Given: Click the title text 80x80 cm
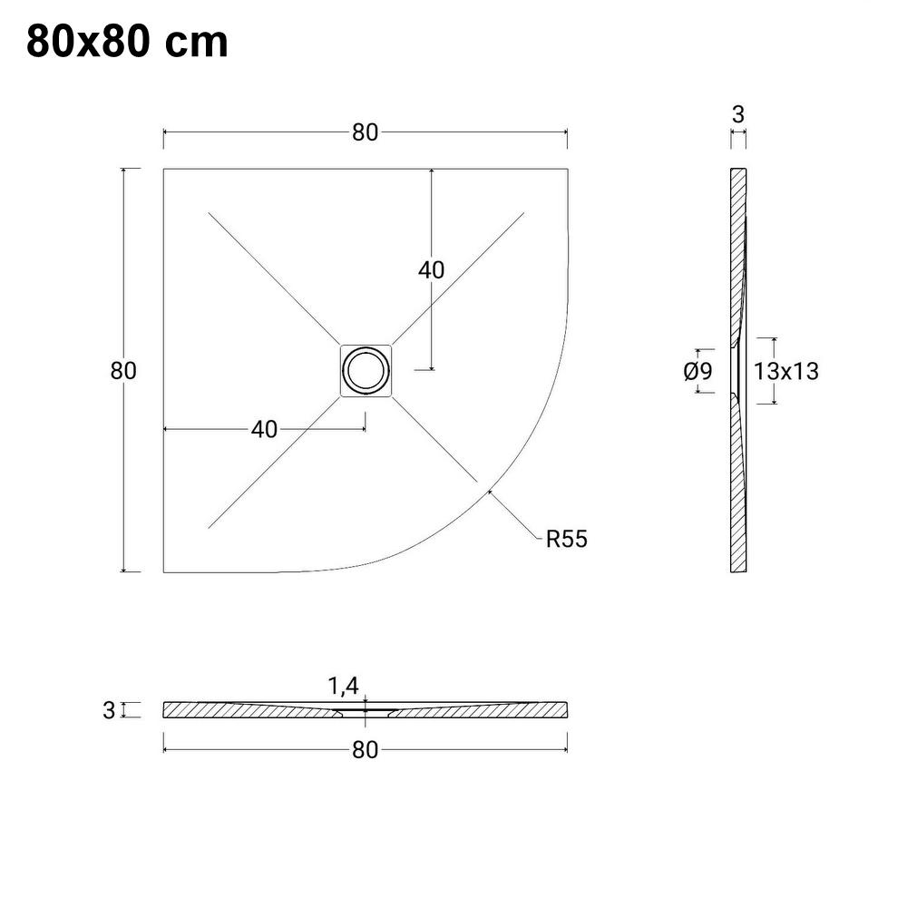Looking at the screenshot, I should [x=127, y=42].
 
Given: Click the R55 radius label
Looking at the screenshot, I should [x=566, y=539].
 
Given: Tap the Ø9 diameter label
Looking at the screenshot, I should [x=697, y=371].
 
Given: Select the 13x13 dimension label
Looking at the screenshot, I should [x=785, y=371].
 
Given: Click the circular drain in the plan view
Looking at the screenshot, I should [x=366, y=370].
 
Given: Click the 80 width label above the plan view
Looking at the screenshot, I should [x=365, y=132].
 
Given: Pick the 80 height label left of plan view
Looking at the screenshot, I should [x=123, y=371].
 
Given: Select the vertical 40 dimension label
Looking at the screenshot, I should [x=431, y=270].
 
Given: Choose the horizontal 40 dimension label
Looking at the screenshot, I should [x=264, y=430].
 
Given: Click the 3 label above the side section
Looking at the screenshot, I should [x=737, y=114].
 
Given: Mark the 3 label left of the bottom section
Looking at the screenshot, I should [x=109, y=710].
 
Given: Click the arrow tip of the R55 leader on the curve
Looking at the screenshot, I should [x=489, y=491].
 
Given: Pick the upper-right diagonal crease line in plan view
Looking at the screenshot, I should [x=458, y=276].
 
